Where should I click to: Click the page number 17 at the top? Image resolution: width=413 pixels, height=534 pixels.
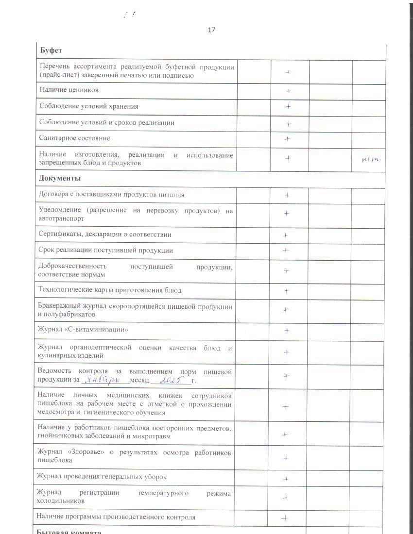(x=211, y=30)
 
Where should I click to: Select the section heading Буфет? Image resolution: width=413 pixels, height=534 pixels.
(x=50, y=51)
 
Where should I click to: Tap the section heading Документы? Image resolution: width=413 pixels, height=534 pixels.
(x=60, y=178)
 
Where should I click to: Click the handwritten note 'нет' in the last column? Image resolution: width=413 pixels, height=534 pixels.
(x=370, y=159)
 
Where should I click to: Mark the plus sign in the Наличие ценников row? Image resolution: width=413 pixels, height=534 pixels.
(x=289, y=91)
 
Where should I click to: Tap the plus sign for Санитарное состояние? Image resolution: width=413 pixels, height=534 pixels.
(x=287, y=139)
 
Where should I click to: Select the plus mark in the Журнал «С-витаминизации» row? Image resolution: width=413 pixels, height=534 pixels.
(x=287, y=331)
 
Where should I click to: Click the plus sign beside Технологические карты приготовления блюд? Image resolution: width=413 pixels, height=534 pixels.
(x=287, y=291)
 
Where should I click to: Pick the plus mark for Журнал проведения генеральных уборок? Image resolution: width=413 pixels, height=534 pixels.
(x=286, y=479)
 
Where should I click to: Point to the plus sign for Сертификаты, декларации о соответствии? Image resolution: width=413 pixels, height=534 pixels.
(x=285, y=235)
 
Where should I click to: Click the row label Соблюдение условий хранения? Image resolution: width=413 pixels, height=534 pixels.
(x=88, y=106)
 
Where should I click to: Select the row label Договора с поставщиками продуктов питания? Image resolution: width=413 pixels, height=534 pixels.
(x=111, y=195)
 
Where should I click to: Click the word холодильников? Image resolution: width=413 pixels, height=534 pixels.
(x=61, y=501)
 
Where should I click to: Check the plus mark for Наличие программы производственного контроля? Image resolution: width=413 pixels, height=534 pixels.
(x=285, y=518)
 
